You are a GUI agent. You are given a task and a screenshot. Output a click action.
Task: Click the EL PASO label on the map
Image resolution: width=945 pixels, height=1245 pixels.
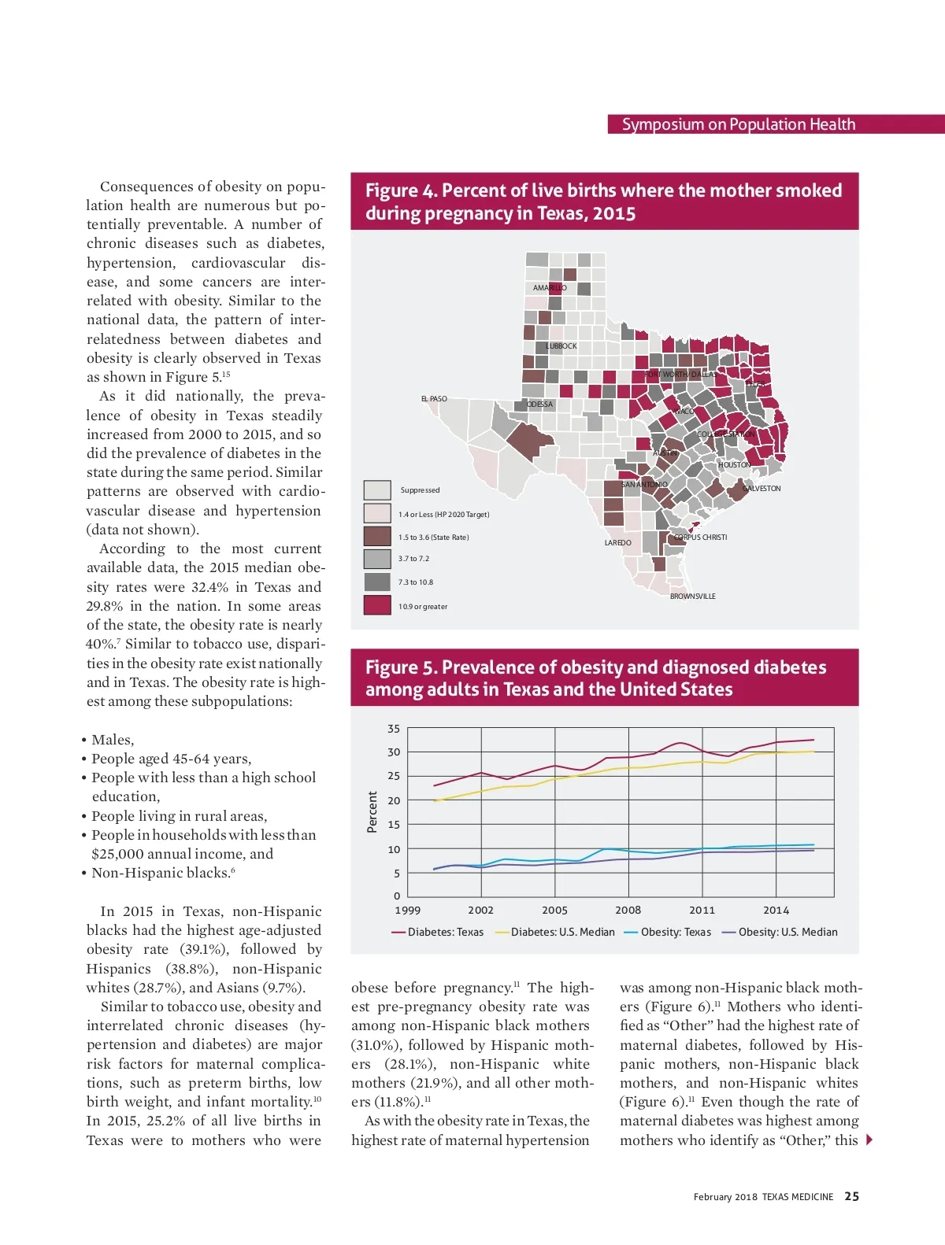point(434,399)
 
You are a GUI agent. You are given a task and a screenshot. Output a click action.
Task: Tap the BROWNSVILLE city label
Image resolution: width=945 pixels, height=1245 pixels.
point(693,597)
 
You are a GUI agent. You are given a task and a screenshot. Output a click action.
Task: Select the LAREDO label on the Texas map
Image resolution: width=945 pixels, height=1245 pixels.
point(617,543)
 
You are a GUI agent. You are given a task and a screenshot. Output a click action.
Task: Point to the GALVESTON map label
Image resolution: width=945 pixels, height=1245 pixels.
point(762,489)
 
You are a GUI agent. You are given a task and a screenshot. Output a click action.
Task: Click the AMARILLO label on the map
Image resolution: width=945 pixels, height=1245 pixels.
point(550,288)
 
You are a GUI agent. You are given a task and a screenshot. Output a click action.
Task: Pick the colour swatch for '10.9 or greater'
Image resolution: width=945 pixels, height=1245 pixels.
point(377,605)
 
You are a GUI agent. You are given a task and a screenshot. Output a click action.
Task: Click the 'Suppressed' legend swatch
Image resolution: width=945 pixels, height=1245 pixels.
point(377,490)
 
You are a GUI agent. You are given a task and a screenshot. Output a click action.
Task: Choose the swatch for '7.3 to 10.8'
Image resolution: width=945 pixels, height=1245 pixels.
point(377,582)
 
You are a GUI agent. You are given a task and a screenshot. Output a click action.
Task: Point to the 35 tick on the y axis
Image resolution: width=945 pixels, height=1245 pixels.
point(394,729)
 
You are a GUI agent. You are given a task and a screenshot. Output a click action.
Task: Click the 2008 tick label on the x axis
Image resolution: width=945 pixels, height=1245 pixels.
point(628,911)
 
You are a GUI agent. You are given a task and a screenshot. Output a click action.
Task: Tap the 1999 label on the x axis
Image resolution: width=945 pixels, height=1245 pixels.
point(407,911)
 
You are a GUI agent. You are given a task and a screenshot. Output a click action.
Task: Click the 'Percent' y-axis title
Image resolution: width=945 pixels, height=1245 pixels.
point(372,812)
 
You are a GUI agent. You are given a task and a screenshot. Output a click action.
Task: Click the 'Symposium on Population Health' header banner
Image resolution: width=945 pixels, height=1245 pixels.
point(739,124)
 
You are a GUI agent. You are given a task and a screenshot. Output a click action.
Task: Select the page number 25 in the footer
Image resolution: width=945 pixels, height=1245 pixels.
point(852,1196)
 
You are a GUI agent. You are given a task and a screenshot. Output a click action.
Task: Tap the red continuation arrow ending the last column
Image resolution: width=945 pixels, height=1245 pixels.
point(869,1140)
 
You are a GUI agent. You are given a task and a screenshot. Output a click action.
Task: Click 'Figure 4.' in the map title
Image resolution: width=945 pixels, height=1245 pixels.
point(401,191)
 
